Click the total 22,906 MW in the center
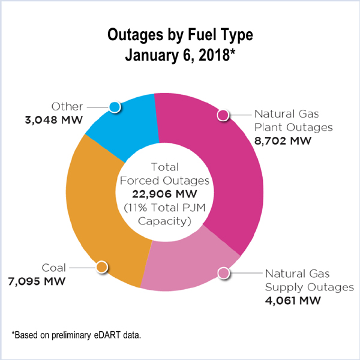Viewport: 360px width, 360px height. (179, 194)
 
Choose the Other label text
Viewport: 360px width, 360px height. (67, 106)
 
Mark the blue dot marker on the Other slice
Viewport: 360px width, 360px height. (115, 107)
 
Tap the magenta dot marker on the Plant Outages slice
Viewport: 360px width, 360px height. (223, 115)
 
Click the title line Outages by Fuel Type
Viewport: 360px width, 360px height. (180, 34)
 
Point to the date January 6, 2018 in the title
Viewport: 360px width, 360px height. (180, 56)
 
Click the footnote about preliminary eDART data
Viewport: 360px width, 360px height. (76, 333)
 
